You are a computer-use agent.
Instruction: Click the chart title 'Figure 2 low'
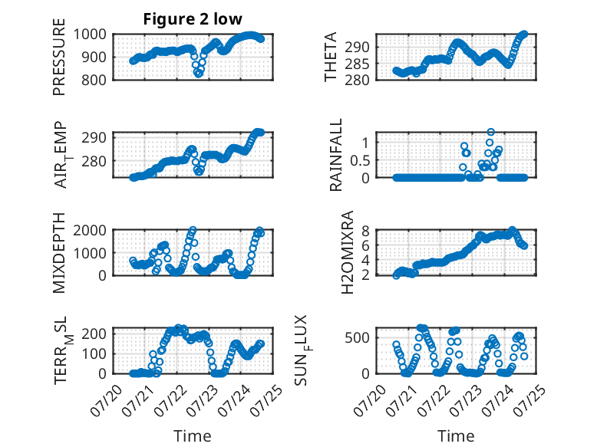click(x=193, y=19)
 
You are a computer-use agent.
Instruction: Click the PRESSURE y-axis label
click(x=59, y=57)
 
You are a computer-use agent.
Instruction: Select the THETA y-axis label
click(x=331, y=57)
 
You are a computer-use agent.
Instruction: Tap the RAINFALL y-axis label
click(x=336, y=155)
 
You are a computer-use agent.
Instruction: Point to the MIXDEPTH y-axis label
click(x=59, y=253)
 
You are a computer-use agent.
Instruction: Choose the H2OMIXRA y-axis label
click(x=348, y=252)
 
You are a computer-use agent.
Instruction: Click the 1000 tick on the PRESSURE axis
click(x=90, y=35)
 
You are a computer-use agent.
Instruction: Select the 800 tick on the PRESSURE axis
click(x=94, y=80)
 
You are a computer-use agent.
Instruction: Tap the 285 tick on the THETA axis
click(x=357, y=64)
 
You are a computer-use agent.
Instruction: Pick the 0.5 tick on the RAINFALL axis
click(x=360, y=160)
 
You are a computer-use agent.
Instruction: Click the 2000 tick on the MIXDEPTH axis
click(x=90, y=230)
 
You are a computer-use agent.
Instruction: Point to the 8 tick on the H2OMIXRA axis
click(x=365, y=231)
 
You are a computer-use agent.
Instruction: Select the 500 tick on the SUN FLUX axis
click(x=357, y=338)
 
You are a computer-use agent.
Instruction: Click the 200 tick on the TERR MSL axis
click(x=94, y=334)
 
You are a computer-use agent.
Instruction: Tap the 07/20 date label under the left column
click(x=106, y=400)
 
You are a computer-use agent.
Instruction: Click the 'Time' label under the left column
click(x=193, y=436)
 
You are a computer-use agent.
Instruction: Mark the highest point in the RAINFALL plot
click(x=491, y=132)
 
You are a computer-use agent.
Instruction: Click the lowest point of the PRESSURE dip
click(x=199, y=74)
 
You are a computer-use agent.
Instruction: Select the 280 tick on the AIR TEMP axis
click(x=94, y=161)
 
